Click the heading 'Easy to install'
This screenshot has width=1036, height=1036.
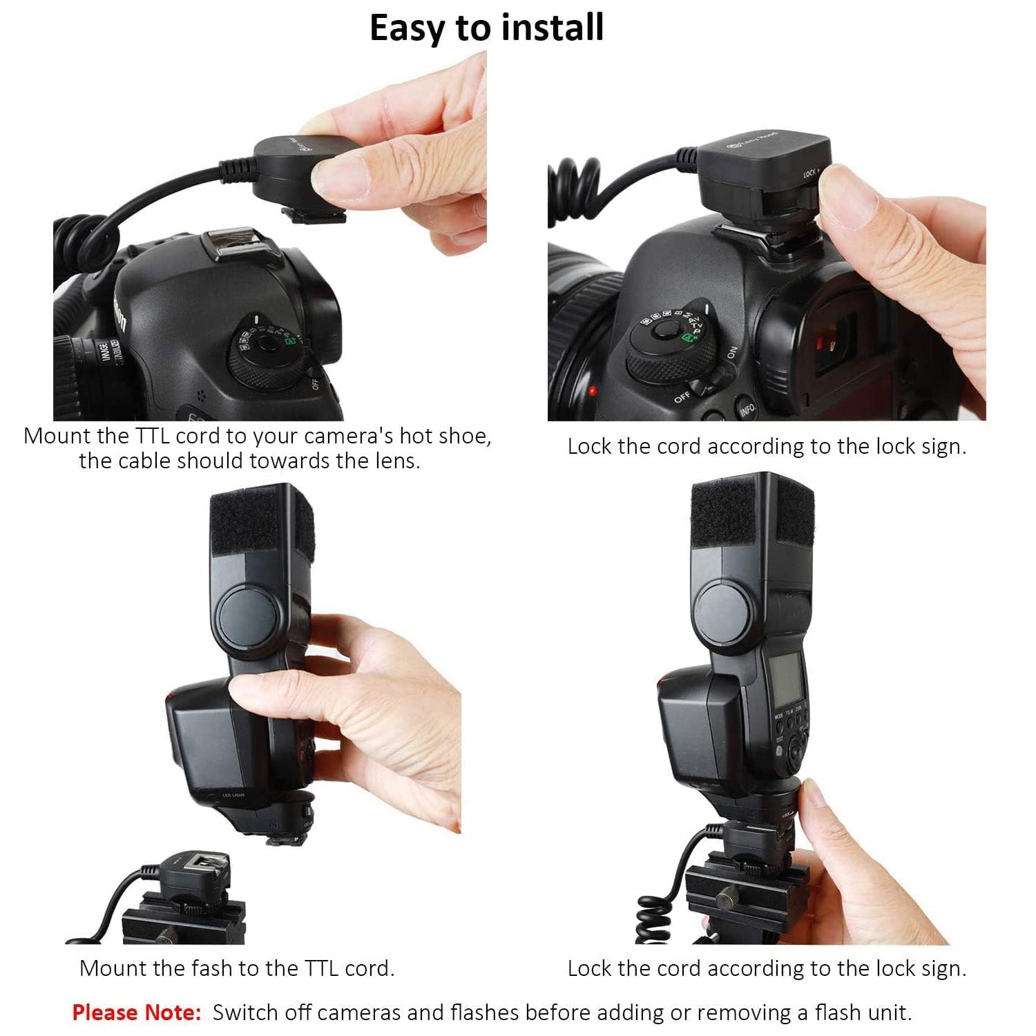487,28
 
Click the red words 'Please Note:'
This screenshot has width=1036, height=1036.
137,1013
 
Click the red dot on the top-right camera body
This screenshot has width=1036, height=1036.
593,391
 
